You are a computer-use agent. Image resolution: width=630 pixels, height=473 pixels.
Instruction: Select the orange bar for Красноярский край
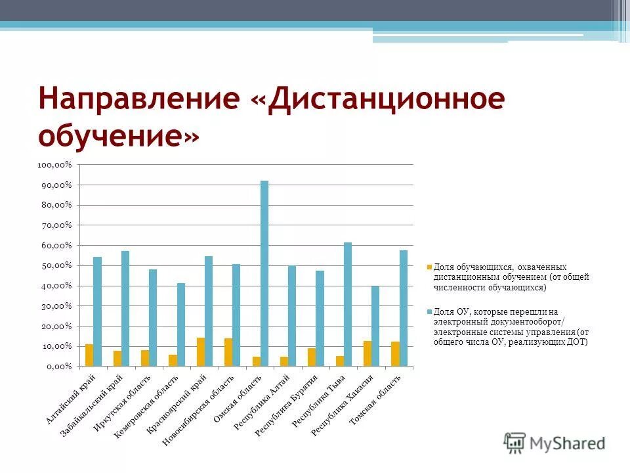tap(201, 351)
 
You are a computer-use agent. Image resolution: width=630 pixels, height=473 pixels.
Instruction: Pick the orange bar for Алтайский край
tap(89, 355)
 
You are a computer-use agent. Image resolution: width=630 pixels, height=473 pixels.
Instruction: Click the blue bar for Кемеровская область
tap(181, 324)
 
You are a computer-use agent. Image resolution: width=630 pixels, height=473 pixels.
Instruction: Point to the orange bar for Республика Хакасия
tap(367, 353)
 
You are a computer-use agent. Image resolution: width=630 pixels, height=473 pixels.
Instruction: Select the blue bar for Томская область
tap(404, 307)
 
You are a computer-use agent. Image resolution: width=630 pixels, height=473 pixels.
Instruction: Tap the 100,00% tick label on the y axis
tap(54, 165)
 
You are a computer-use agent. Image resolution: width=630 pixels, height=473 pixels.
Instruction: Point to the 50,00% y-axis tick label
tap(56, 265)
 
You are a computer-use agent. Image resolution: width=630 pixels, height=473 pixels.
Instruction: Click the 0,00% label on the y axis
tap(58, 366)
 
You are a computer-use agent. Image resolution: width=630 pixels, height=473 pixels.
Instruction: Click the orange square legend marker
tap(429, 267)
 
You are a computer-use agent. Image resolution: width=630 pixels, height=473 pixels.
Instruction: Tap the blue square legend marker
tap(429, 311)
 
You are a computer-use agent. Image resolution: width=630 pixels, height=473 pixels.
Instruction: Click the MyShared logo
tap(555, 442)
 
